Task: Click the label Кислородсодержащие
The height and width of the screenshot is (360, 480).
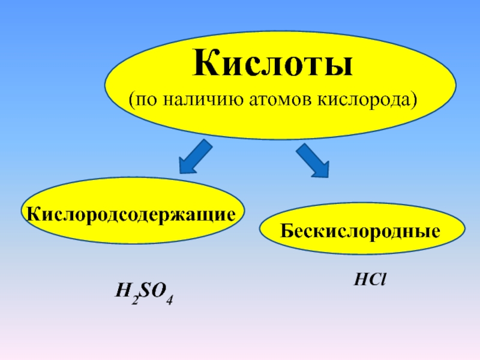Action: [x=128, y=213]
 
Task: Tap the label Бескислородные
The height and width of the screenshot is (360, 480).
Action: [x=361, y=230]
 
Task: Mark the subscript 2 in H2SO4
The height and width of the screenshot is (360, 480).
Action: [x=135, y=299]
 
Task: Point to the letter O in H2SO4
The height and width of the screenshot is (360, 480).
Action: [x=159, y=292]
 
